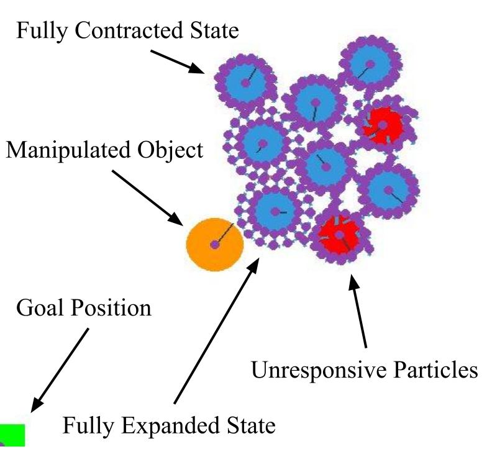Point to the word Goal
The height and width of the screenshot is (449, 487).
pos(37,307)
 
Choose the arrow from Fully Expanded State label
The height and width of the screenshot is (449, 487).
pos(217,329)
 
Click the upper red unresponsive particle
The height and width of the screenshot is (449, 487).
pos(383,125)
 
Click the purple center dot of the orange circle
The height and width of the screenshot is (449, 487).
pos(214,245)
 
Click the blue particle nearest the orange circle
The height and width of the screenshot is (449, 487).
pos(273,212)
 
